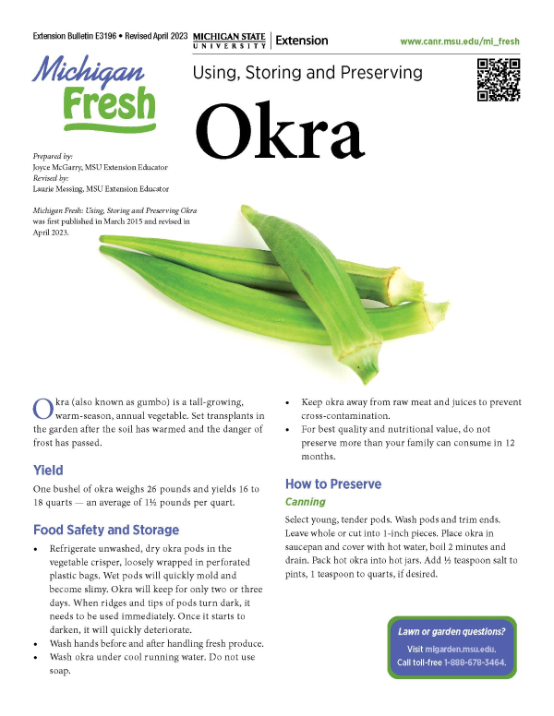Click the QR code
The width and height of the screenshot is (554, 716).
[499, 79]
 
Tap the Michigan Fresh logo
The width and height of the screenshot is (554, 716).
[94, 93]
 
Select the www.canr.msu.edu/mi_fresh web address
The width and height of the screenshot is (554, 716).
[461, 42]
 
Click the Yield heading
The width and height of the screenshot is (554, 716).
[48, 470]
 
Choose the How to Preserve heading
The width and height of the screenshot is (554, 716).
[332, 484]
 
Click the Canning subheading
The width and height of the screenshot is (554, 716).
[305, 503]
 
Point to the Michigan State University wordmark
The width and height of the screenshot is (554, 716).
[230, 42]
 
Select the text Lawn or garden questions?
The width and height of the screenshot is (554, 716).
[452, 632]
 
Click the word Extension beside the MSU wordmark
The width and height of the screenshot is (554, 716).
[302, 42]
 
